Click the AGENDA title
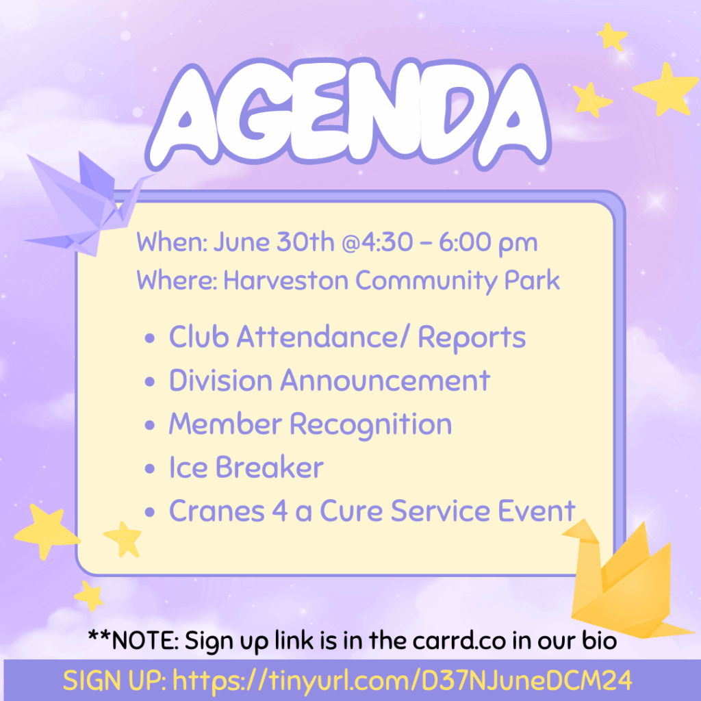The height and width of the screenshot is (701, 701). (x=348, y=114)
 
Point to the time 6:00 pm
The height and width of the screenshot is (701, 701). (x=488, y=244)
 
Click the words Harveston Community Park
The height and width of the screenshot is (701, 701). (x=391, y=281)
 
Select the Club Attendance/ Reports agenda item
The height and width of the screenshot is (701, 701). (x=347, y=337)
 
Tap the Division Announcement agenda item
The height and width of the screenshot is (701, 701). (x=329, y=381)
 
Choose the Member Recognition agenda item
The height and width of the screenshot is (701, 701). (x=310, y=424)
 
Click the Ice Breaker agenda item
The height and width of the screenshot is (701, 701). (x=246, y=468)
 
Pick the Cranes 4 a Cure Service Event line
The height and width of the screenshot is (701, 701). (x=372, y=511)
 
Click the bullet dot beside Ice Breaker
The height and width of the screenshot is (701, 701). (x=150, y=469)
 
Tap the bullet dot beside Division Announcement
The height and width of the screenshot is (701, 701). (x=150, y=382)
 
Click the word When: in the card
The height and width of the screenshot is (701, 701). (x=172, y=242)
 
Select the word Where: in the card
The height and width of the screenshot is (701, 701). (x=177, y=281)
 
